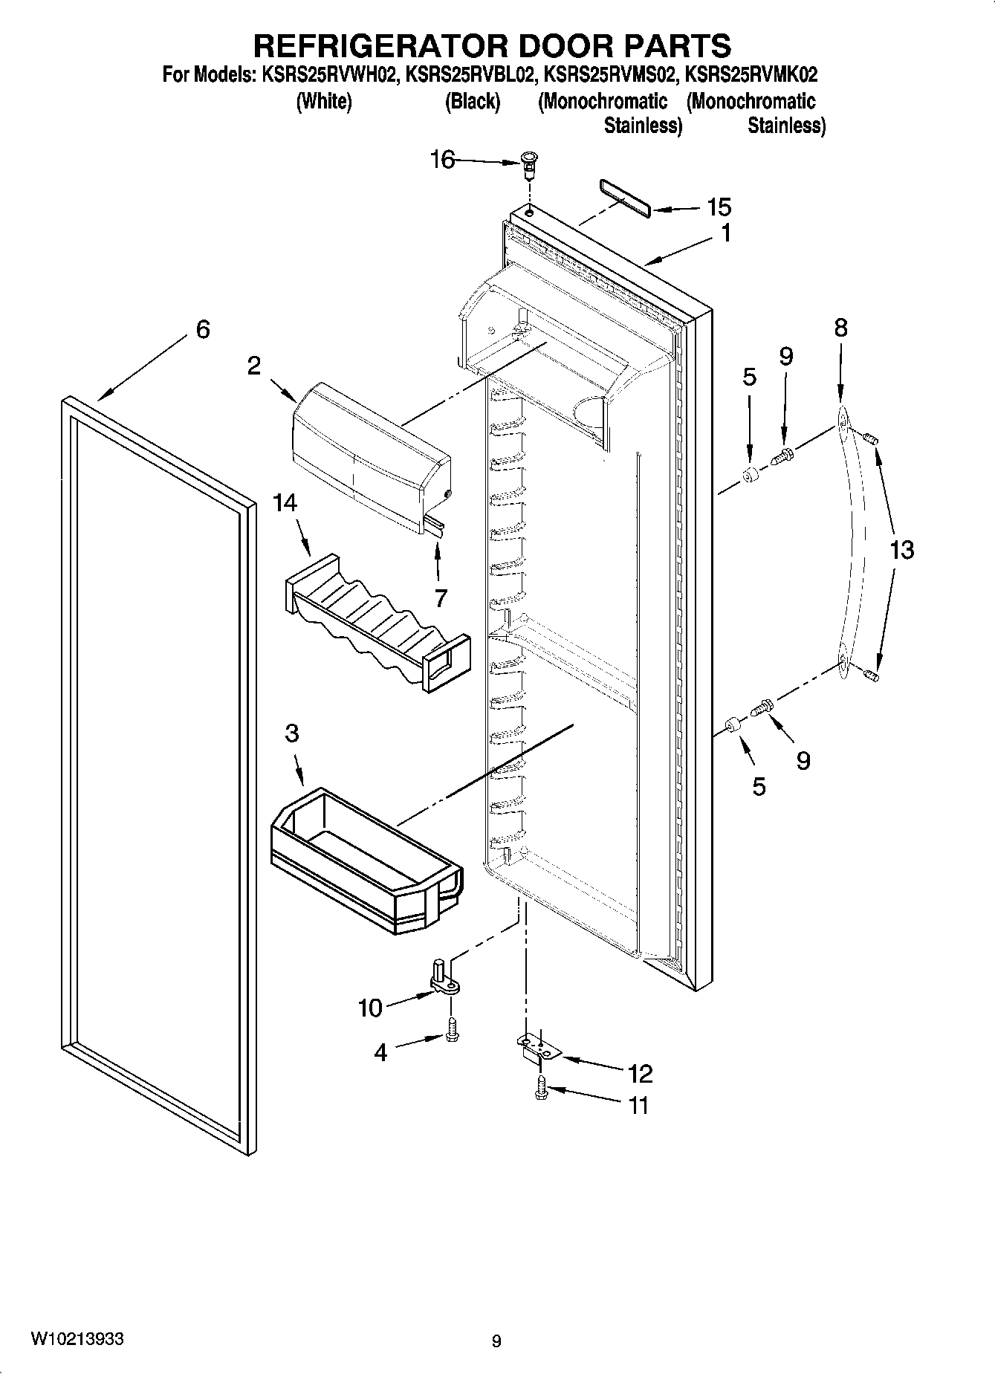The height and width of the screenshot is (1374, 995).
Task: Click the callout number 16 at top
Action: pyautogui.click(x=442, y=159)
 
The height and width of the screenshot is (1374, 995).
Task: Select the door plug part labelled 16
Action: pyautogui.click(x=529, y=163)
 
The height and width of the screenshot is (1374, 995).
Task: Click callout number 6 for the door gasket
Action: pyautogui.click(x=202, y=329)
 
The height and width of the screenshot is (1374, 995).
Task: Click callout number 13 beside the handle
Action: pyautogui.click(x=901, y=550)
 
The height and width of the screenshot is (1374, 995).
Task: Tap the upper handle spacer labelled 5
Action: pyautogui.click(x=751, y=474)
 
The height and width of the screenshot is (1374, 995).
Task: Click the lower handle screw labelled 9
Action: pyautogui.click(x=763, y=707)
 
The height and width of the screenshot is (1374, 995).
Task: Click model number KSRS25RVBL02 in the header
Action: pyautogui.click(x=471, y=75)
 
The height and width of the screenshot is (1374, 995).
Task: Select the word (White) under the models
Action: pyautogui.click(x=324, y=101)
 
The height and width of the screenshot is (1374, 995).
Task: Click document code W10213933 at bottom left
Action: pyautogui.click(x=77, y=1339)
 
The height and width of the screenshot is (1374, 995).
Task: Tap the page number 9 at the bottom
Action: pyautogui.click(x=496, y=1341)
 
